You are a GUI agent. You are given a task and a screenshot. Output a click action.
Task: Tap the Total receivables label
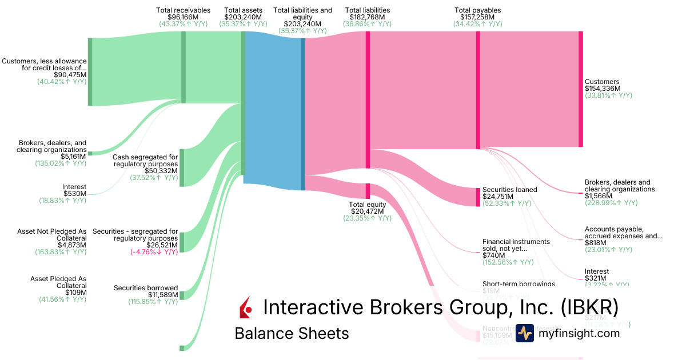pos(183,10)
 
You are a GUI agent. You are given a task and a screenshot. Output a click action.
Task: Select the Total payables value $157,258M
pos(477,17)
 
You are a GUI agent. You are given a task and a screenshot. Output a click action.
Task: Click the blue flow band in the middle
pos(273,109)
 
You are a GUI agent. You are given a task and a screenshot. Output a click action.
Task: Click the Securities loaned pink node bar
pos(478,197)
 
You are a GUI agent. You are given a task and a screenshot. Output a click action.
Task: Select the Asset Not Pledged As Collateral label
pos(52,235)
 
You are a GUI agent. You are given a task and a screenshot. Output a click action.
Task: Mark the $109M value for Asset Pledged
pos(75,293)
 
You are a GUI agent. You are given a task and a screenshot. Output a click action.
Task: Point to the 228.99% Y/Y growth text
pos(611,203)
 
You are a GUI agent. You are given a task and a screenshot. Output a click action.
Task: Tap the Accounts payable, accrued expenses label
pos(623,232)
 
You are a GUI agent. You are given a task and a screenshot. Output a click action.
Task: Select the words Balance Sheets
pos(292,334)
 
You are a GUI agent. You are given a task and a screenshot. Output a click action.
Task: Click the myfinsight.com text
pos(579,333)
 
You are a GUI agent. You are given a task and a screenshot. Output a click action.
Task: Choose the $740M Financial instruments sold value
pos(494,255)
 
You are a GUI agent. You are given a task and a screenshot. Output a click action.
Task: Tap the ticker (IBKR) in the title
pos(589,307)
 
